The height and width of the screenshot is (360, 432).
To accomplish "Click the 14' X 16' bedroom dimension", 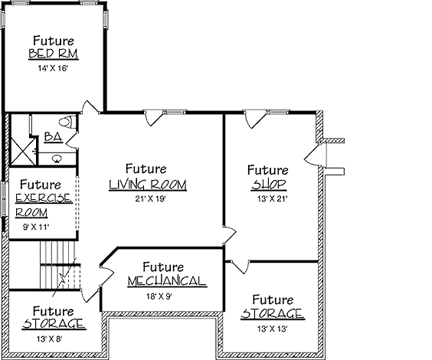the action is [53, 68].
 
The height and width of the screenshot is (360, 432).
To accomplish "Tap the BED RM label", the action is [54, 54].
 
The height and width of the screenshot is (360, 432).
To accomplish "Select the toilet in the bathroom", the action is [67, 122].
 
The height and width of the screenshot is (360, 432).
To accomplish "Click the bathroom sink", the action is [57, 158].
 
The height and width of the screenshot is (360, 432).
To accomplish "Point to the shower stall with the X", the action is [23, 151].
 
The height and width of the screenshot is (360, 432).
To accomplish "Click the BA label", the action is [53, 137].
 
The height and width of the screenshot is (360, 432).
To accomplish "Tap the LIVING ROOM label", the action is [148, 185].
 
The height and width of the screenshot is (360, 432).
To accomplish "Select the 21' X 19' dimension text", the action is [150, 198].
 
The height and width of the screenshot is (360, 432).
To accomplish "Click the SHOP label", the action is [269, 185].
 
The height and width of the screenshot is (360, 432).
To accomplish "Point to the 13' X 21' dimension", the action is [273, 198].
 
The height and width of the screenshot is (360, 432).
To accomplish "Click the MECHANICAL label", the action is [167, 281].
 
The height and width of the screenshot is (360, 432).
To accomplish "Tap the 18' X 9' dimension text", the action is [159, 296].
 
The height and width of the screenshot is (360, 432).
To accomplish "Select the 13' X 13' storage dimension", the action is [273, 329].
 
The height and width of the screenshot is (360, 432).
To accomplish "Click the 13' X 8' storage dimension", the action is [50, 339].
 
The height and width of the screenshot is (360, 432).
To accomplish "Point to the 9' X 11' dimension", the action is [36, 227].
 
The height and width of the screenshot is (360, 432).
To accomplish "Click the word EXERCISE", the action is [44, 198].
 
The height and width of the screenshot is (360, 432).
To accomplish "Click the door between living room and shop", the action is [230, 235].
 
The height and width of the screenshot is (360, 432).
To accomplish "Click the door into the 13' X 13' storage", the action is [241, 267].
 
